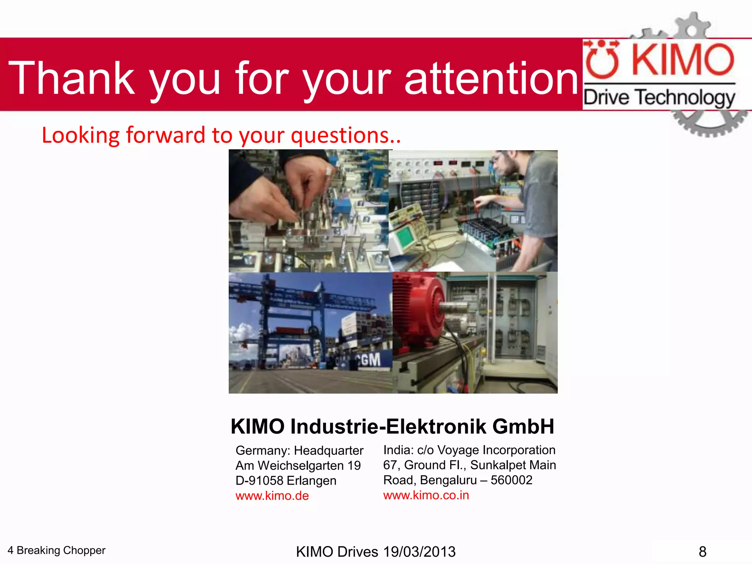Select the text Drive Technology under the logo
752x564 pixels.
pos(659,98)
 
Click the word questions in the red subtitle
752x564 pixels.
pos(340,135)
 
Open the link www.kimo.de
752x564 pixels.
pos(272,496)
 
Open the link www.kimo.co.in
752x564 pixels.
pos(426,495)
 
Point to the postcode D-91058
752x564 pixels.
pos(259,481)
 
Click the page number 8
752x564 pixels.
pos(702,552)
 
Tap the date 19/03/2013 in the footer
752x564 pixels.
pos(419,552)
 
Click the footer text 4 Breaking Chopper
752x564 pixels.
pos(57,550)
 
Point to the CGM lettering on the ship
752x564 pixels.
pos(368,359)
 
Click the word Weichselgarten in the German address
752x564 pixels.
pos(301,466)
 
